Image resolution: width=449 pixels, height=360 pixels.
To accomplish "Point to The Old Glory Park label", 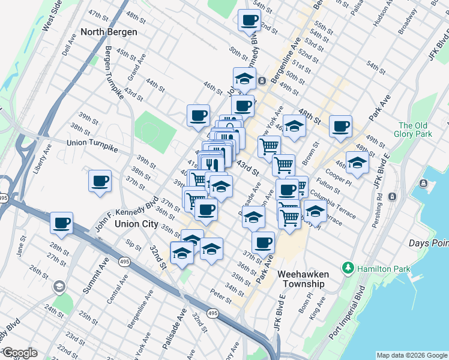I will pos(414,130).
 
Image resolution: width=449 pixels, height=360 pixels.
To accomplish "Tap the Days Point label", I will pos(427,243).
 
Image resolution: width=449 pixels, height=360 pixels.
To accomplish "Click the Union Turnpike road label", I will pos(92,143).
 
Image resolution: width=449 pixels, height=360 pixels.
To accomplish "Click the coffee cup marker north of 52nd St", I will pos(249,20).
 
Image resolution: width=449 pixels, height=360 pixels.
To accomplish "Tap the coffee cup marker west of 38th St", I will pos(100,181).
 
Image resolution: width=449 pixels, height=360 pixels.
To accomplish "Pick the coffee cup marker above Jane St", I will pos(61,223).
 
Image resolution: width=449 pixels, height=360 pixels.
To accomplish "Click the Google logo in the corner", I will pos(19,353).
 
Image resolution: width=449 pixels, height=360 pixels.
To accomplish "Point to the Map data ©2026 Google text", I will pos(411,355).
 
